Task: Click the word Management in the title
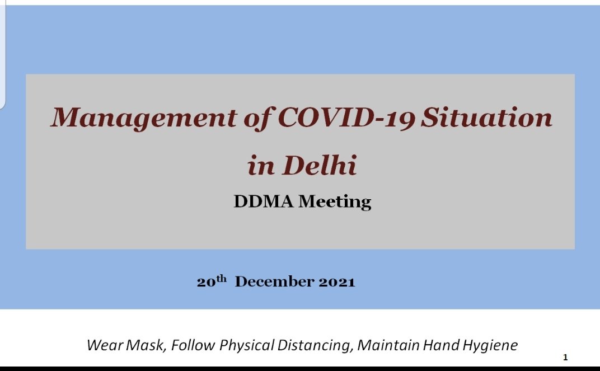(x=144, y=118)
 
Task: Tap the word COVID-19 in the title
(x=346, y=118)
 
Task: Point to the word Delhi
(x=320, y=165)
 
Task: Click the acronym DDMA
(x=264, y=201)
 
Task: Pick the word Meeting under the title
(x=335, y=202)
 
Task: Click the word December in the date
(x=274, y=282)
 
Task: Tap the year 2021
(x=337, y=282)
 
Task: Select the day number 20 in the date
(x=206, y=282)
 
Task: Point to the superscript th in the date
(x=222, y=279)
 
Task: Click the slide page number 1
(x=565, y=358)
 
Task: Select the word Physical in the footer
(x=247, y=346)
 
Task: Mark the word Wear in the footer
(x=105, y=345)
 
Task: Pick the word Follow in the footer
(x=193, y=345)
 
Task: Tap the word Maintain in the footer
(x=388, y=345)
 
